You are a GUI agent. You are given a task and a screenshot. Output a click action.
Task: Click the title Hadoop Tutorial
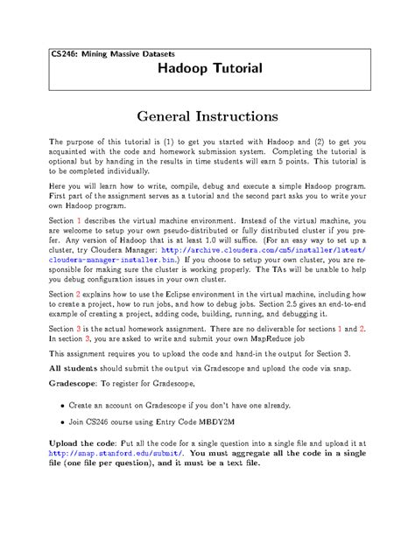click(x=208, y=68)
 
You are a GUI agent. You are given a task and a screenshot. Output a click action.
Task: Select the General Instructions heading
click(x=207, y=115)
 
